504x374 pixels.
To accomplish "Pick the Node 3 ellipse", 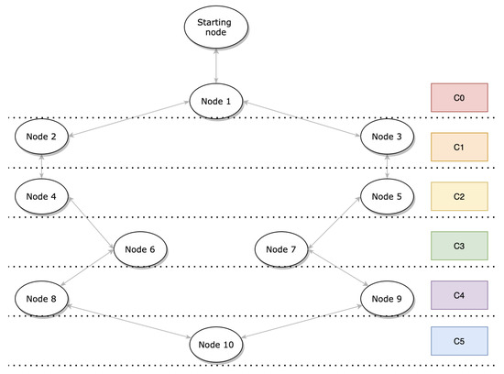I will [388, 137].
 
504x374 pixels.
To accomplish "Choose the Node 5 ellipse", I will [388, 196].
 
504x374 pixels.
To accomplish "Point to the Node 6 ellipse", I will [139, 247].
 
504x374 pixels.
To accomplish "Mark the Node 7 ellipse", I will [281, 247].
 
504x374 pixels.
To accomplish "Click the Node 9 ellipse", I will [388, 298].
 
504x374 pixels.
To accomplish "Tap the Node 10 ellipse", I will [216, 345].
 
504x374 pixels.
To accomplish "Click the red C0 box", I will [459, 96].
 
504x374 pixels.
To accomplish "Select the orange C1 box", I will [459, 146].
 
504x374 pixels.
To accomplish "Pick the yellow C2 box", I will [459, 195].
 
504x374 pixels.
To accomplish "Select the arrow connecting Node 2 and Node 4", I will [43, 167].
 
